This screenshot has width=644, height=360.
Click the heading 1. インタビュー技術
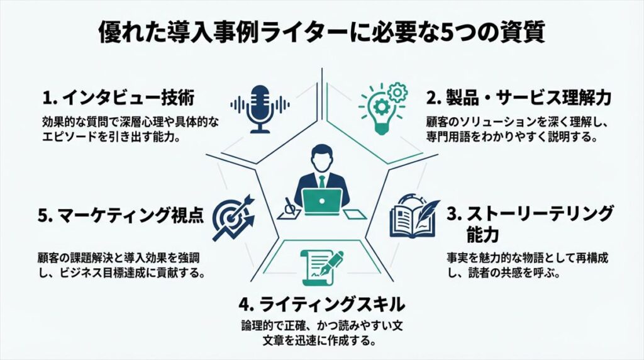(118, 98)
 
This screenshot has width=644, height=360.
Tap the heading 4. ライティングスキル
(321, 306)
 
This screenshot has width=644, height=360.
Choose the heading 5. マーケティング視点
(121, 216)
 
